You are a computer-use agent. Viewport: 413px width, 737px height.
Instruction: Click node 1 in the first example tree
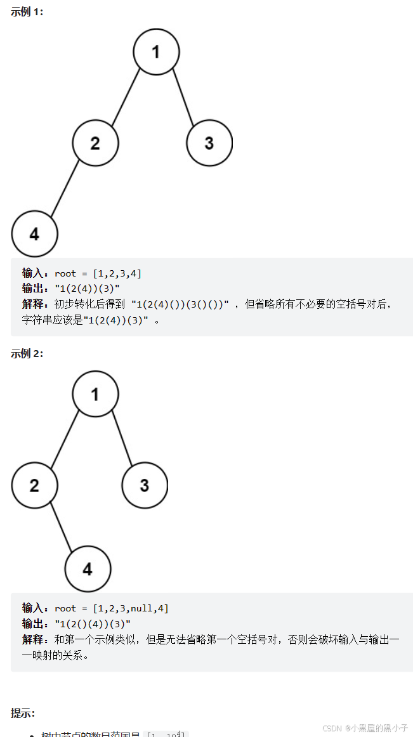tap(156, 52)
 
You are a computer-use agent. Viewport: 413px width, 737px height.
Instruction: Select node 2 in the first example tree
tap(95, 143)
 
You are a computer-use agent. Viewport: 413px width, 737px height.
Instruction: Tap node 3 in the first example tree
tap(209, 143)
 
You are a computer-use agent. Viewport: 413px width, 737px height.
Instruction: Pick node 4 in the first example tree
tap(34, 233)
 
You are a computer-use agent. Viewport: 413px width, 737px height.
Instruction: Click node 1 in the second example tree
tap(95, 395)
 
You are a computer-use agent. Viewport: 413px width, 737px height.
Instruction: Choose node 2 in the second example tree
tap(34, 485)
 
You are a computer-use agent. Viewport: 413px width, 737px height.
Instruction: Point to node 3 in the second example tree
tap(145, 485)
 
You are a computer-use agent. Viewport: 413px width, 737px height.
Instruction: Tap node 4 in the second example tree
tap(88, 568)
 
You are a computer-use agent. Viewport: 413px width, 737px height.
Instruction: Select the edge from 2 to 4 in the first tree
tap(65, 188)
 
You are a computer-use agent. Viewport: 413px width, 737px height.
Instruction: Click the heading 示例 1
tap(27, 12)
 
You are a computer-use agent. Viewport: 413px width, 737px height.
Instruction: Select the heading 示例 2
tap(27, 353)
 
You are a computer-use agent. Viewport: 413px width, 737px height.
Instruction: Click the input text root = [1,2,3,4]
tap(98, 273)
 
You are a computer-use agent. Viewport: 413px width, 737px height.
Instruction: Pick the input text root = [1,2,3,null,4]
tap(112, 608)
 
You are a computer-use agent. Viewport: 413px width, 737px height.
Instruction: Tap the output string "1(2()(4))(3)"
tap(93, 623)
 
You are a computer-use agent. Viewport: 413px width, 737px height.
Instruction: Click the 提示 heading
tap(23, 713)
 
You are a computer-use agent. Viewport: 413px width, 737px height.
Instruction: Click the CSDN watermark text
tap(365, 728)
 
